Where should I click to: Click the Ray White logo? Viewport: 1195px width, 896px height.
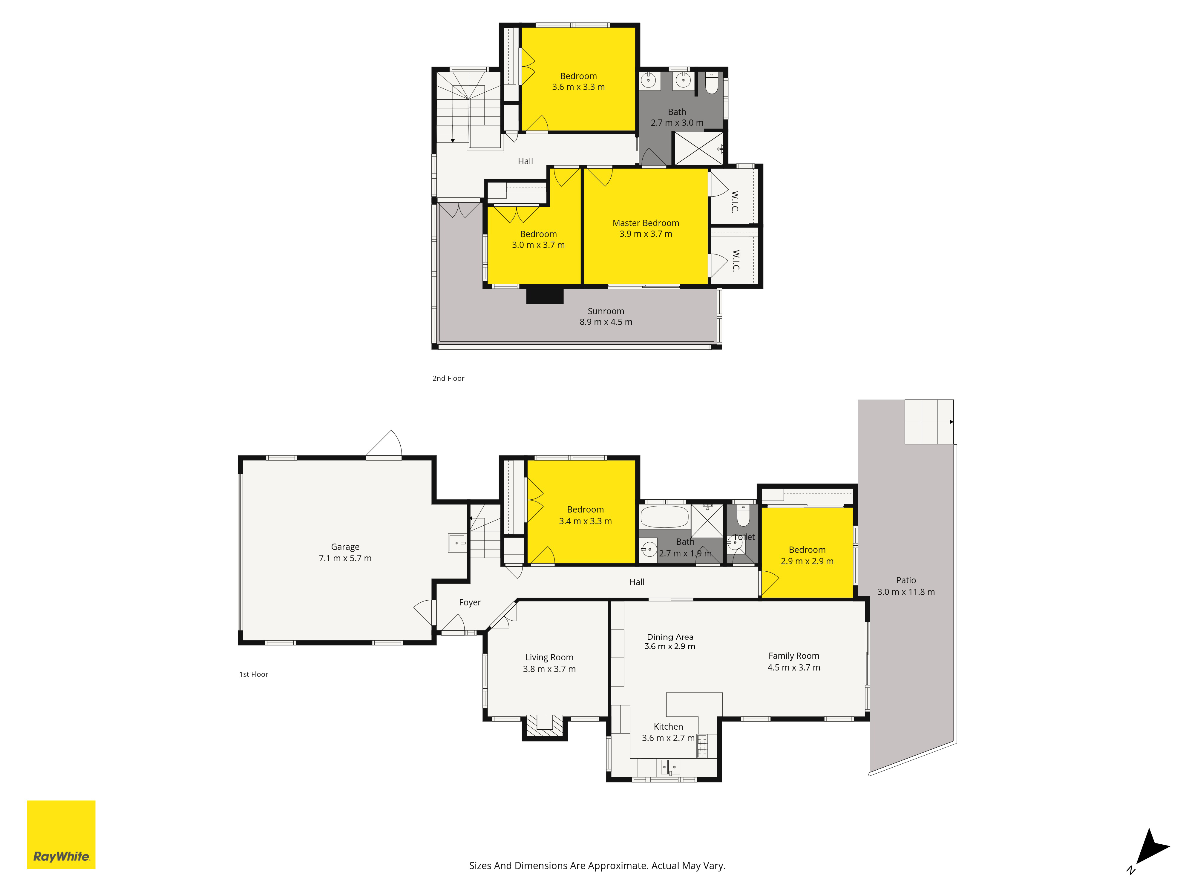(x=61, y=834)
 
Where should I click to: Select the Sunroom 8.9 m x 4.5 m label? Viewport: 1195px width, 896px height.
(x=606, y=317)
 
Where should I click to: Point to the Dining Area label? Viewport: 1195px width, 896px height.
(x=670, y=642)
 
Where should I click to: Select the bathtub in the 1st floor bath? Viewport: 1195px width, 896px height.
(x=664, y=517)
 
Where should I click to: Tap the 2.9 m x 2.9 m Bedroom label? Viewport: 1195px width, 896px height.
(x=807, y=555)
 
